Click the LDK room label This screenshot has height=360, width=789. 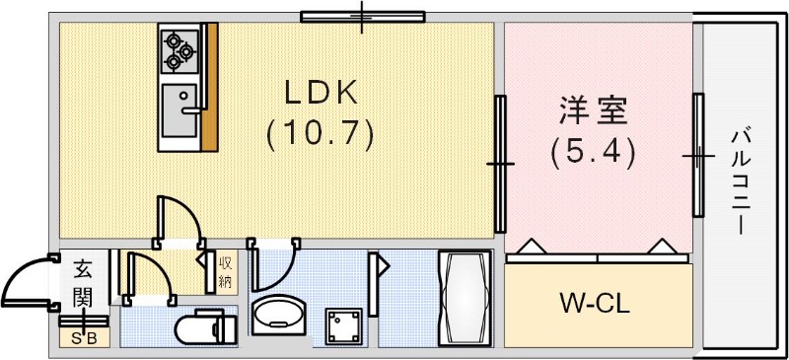click(x=320, y=93)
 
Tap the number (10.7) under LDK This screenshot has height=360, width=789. click(x=321, y=132)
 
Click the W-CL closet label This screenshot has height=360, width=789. click(x=597, y=304)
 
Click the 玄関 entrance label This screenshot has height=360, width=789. click(x=83, y=281)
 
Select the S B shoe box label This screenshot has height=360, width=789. click(x=84, y=337)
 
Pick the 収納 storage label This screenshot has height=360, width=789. click(x=226, y=271)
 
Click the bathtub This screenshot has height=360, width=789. click(x=464, y=297)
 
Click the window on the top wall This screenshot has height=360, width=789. click(x=362, y=16)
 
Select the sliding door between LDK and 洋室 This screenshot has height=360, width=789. click(x=501, y=163)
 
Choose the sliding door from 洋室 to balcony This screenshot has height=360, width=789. click(x=697, y=155)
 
